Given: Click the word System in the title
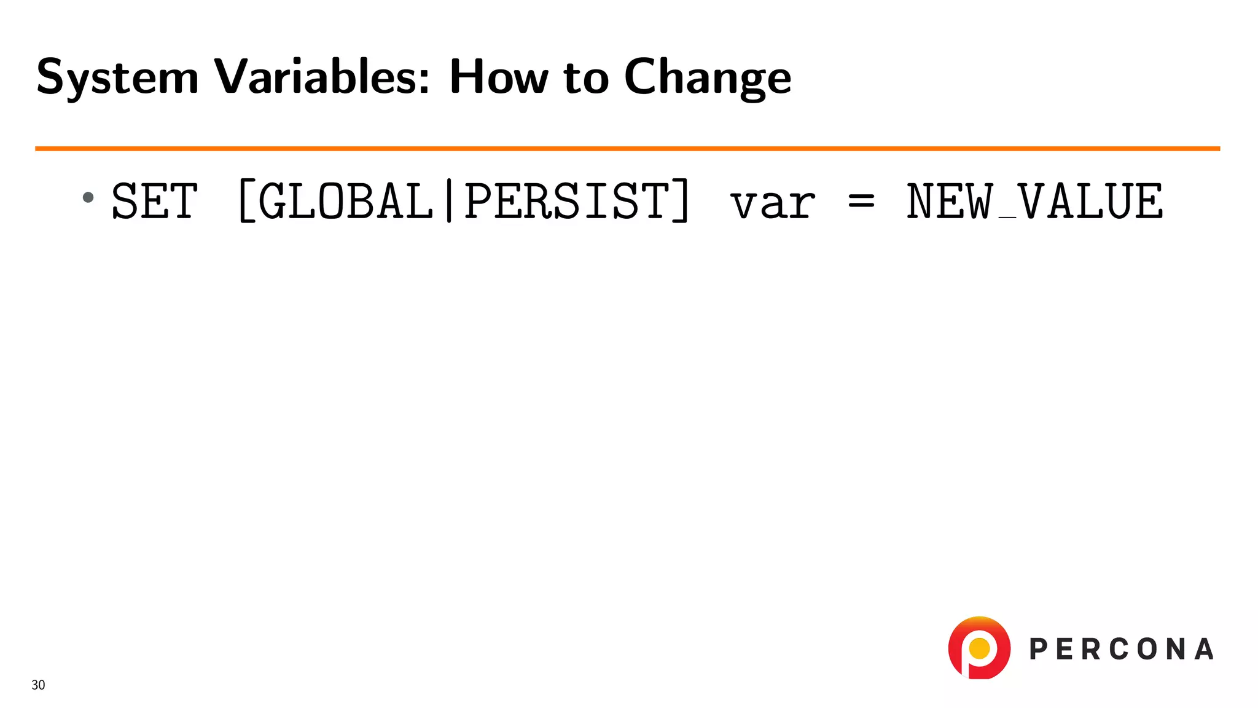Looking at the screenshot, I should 117,77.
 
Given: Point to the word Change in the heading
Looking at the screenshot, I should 708,77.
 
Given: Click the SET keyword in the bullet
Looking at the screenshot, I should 155,202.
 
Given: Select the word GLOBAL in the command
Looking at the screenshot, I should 346,202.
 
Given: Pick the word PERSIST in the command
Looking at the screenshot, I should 566,202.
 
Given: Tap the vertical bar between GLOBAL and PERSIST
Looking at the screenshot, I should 449,202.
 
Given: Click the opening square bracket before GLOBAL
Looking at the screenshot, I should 246,202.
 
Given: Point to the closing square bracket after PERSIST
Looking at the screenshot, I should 681,202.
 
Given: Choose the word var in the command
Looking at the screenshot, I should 773,204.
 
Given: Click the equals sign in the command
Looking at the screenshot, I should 861,202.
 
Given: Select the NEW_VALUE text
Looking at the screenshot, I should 1034,202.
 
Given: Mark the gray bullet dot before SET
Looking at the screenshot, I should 88,197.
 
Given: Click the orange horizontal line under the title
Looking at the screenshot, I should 627,149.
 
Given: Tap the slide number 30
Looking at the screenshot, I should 38,685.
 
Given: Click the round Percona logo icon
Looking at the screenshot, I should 979,648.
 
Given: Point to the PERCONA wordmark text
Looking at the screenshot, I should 1121,649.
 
